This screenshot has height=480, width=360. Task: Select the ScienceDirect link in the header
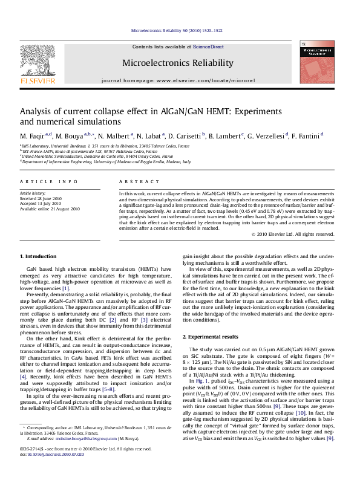coord(208,47)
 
